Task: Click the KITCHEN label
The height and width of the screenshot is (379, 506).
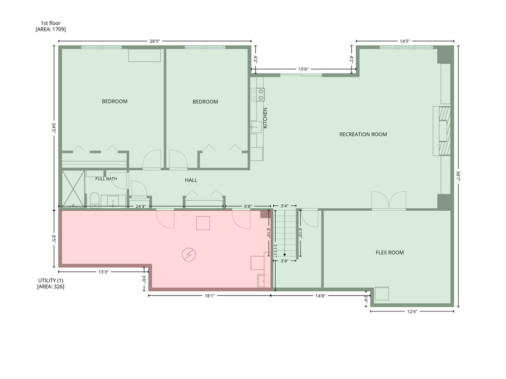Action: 265,118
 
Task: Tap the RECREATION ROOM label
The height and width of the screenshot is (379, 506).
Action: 363,134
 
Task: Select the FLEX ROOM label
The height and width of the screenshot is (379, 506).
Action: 389,253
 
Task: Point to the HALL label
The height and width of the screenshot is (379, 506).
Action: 191,180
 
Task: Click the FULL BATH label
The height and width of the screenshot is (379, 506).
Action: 106,179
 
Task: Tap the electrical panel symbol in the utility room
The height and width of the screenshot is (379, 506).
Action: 188,255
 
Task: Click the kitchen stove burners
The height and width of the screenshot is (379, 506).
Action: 258,94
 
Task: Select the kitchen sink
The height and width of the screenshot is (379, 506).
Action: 256,127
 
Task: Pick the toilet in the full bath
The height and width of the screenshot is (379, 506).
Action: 94,200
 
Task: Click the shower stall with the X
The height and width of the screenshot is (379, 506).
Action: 73,189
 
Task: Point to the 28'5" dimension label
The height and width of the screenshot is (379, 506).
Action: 155,41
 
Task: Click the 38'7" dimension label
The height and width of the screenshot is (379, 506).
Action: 458,176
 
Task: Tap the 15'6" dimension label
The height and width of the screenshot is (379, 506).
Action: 303,69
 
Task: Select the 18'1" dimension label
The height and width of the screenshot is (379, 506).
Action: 210,296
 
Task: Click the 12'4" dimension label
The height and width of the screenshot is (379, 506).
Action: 412,311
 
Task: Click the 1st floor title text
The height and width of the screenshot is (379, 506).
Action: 50,23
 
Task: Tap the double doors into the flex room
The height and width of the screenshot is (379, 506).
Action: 389,200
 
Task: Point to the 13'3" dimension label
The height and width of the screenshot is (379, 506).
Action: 104,272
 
